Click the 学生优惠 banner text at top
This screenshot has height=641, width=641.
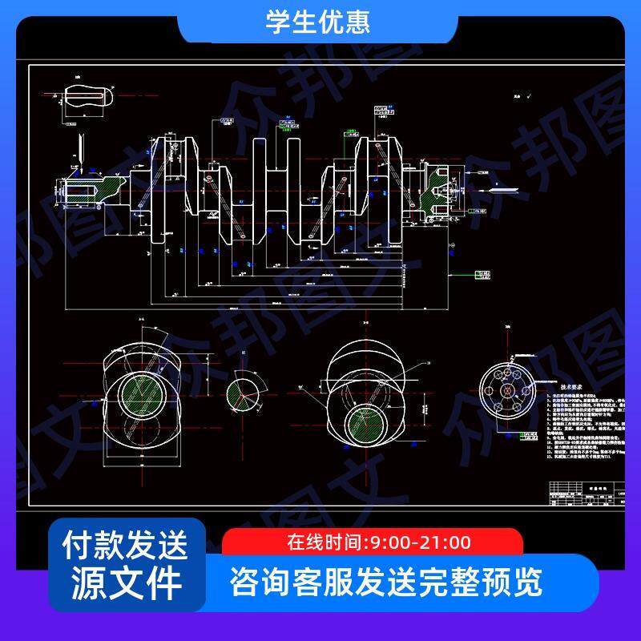pyautogui.click(x=318, y=21)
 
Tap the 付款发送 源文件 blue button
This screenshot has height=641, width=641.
pyautogui.click(x=126, y=564)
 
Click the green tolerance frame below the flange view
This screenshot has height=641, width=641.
pyautogui.click(x=530, y=437)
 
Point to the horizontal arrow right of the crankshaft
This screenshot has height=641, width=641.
pyautogui.click(x=504, y=190)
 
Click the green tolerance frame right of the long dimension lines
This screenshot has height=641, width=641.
pyautogui.click(x=482, y=276)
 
